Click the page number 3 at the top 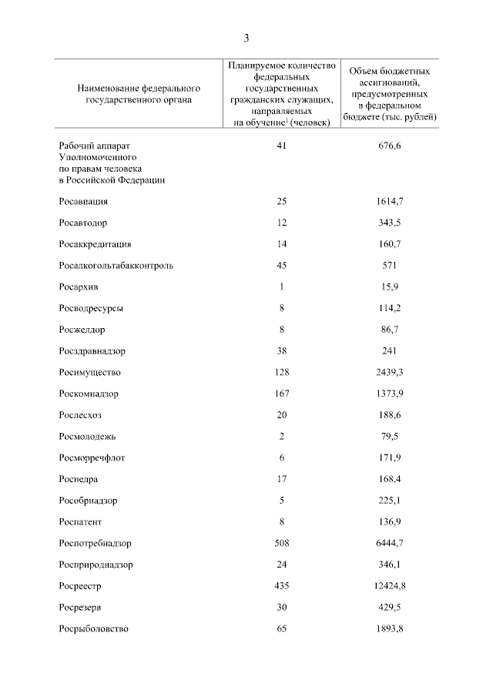point(246,38)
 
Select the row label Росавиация point(82,201)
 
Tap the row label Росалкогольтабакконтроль point(116,266)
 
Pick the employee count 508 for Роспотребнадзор point(282,542)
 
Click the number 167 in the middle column point(282,394)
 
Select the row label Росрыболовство point(93,628)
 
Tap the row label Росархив point(78,287)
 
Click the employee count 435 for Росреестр point(282,585)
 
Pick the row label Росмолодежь point(87,436)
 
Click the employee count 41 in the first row point(282,145)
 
